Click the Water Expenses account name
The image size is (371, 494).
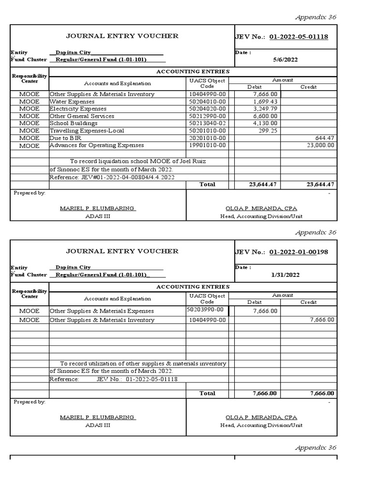(x=72, y=102)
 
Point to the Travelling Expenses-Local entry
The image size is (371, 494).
(x=87, y=131)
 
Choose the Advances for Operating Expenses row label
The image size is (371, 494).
(x=97, y=145)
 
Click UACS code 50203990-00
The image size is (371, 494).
(x=205, y=310)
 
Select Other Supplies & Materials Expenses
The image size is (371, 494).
(x=101, y=311)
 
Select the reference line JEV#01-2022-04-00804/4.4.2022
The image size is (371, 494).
(x=112, y=178)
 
